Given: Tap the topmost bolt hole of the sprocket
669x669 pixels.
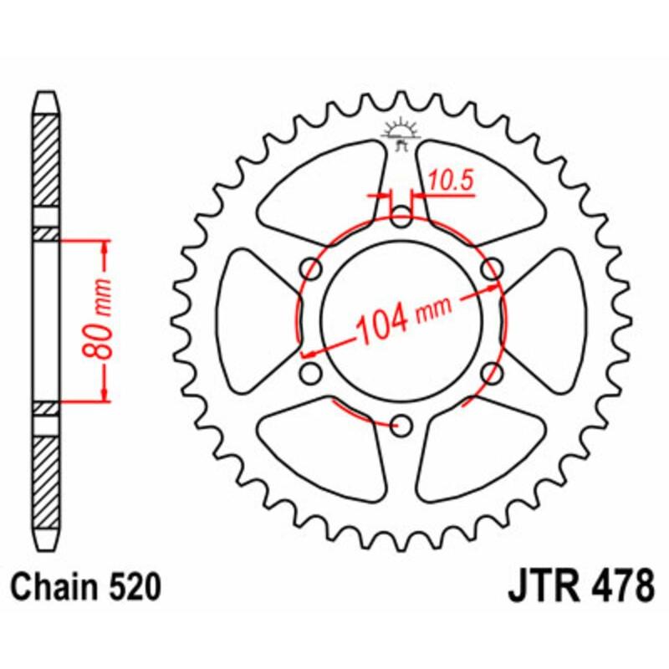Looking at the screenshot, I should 402,217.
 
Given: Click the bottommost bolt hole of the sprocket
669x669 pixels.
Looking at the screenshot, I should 402,426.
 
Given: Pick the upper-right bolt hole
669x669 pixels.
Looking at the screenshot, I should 493,268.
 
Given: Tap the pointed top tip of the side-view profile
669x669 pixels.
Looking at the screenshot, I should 47,94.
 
